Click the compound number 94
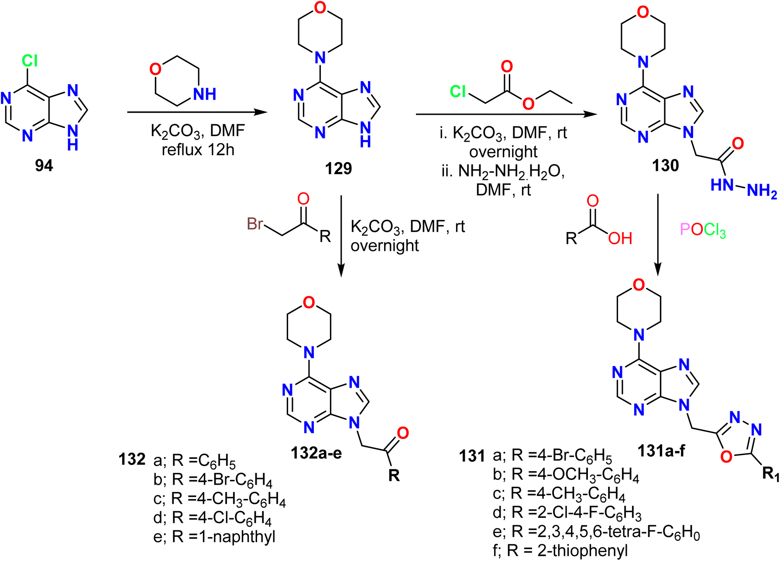click(x=44, y=165)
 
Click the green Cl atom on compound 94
click(x=30, y=61)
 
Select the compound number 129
click(x=338, y=168)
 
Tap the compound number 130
click(x=666, y=165)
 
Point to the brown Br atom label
click(x=255, y=223)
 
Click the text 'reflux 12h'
click(x=198, y=150)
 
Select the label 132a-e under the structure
click(x=316, y=453)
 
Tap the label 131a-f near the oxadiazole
click(x=661, y=451)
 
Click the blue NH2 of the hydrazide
click(x=762, y=191)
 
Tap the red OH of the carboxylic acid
click(x=620, y=238)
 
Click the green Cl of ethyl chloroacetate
click(x=458, y=92)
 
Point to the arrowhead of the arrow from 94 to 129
click(x=261, y=112)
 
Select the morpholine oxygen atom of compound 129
click(x=320, y=7)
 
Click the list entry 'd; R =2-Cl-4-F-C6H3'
click(x=567, y=513)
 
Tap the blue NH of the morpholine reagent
click(x=205, y=94)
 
